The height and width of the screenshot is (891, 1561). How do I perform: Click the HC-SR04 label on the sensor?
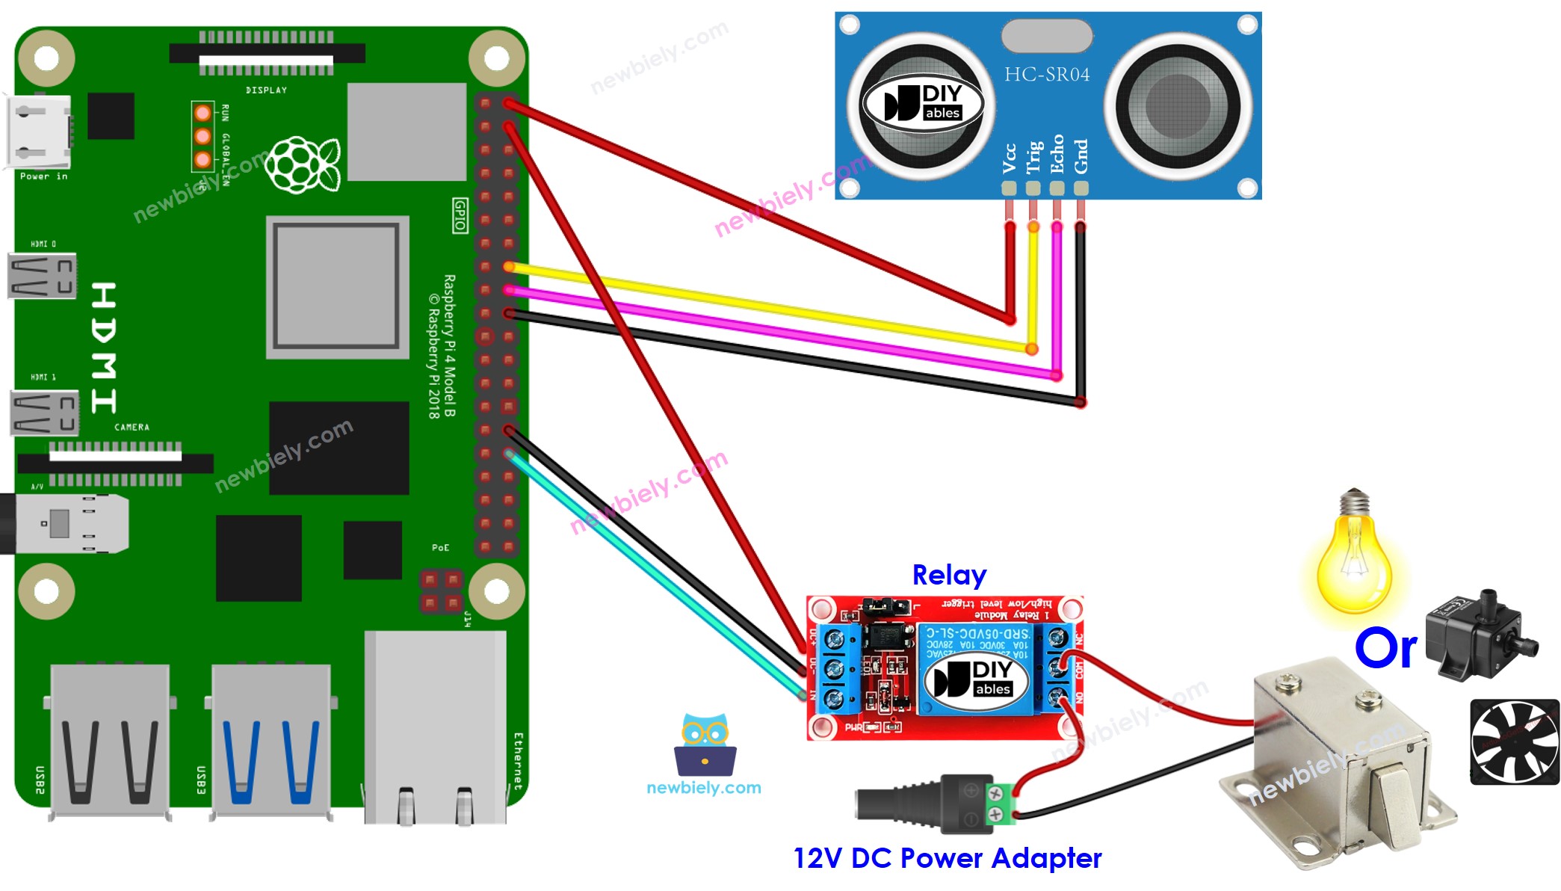[1046, 74]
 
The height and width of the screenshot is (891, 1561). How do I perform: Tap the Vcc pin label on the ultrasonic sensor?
[1009, 158]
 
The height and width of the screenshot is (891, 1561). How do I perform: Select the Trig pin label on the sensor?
[1033, 157]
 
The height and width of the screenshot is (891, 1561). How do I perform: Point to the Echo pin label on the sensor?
[1057, 154]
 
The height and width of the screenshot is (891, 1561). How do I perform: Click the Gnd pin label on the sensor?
[1081, 156]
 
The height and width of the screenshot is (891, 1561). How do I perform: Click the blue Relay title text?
[949, 575]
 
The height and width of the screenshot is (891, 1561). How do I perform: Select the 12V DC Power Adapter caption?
[947, 858]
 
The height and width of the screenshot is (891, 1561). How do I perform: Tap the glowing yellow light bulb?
[1353, 557]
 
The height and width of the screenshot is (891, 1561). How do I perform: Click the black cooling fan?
[1514, 742]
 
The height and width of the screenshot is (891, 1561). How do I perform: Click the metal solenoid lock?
[1338, 762]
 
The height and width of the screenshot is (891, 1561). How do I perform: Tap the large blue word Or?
[1385, 648]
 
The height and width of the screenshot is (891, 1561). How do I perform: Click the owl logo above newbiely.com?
[705, 744]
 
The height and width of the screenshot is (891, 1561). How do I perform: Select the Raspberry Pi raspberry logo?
[303, 164]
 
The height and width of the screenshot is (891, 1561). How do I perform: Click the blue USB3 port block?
[271, 740]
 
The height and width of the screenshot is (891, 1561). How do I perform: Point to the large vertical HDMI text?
[103, 348]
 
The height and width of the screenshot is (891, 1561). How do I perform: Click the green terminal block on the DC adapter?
[1000, 804]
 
